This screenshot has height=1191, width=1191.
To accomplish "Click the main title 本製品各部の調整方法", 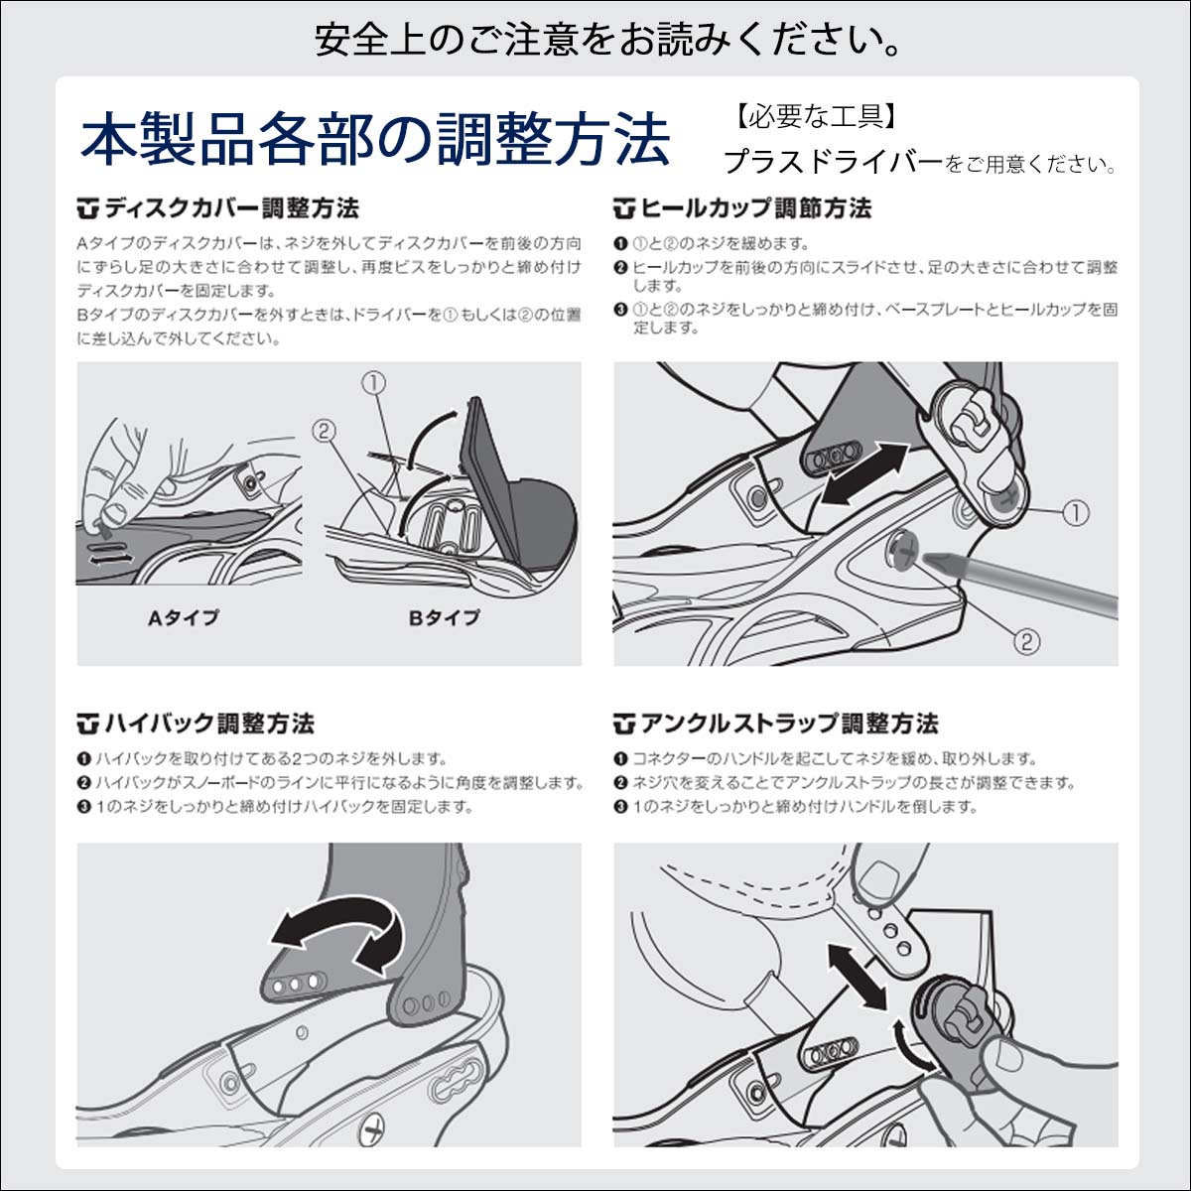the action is tap(375, 140).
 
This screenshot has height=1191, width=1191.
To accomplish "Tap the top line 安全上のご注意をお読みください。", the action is tap(607, 40).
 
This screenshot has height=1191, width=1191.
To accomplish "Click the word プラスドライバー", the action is tap(834, 162).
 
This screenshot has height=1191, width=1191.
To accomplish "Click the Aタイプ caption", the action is tap(184, 617).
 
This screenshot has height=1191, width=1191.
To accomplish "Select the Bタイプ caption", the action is tap(445, 617).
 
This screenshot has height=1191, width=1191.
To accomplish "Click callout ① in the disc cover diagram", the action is tap(374, 383).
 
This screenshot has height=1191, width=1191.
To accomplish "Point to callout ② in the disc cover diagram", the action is tap(324, 430).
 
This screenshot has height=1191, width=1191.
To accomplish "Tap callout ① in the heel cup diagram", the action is tap(1076, 513).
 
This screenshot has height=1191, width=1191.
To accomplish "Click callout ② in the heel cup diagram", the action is tap(1026, 641).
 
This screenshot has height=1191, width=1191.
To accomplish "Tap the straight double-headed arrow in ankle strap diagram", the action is tap(858, 978).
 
